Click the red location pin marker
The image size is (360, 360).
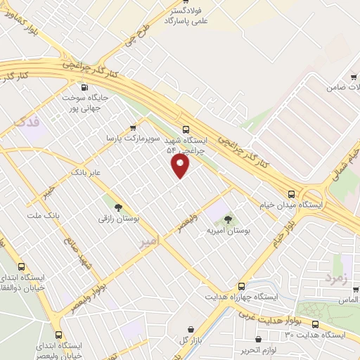tap(181, 165)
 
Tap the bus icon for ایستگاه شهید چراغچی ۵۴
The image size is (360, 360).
tap(186, 129)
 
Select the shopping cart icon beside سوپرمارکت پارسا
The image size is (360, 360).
tap(133, 128)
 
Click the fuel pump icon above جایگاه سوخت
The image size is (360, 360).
tap(85, 88)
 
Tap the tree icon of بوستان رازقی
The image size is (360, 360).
tap(118, 207)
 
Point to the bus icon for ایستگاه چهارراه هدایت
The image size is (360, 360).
tap(241, 287)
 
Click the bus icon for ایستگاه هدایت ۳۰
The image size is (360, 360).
tap(315, 324)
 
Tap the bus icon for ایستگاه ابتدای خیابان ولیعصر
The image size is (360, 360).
tap(59, 335)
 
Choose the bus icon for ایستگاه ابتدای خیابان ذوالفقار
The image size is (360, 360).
tap(21, 267)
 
